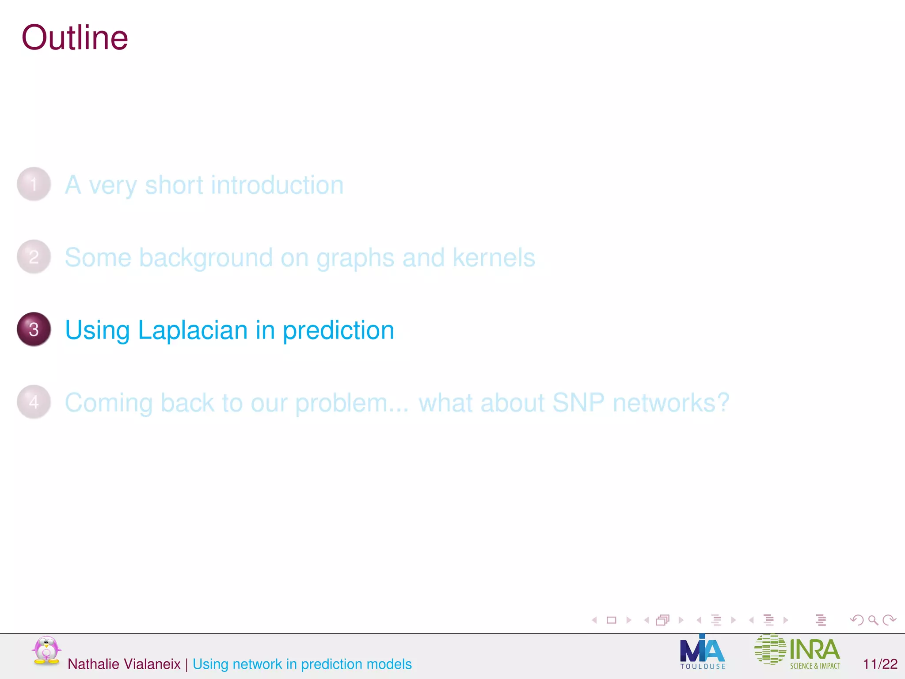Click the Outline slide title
tap(75, 38)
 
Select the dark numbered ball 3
tap(34, 329)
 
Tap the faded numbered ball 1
tap(34, 184)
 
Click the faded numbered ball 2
tap(34, 257)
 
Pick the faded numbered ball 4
tap(34, 402)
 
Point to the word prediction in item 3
tap(338, 330)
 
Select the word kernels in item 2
tap(494, 257)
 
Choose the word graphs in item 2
tap(355, 258)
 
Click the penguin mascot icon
tap(46, 650)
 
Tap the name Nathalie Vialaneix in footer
tap(124, 664)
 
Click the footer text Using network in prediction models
tap(302, 664)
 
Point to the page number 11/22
tap(880, 664)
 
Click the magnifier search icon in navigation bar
tap(873, 620)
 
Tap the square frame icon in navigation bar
tap(612, 620)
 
